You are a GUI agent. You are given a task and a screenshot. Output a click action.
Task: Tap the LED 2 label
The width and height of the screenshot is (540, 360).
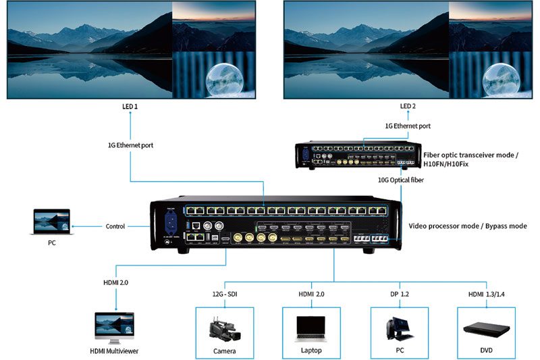pyautogui.click(x=408, y=107)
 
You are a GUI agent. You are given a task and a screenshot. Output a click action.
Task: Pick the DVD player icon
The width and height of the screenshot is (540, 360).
pyautogui.click(x=486, y=329)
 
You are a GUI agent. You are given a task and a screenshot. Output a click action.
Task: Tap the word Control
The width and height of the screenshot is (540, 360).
pyautogui.click(x=115, y=226)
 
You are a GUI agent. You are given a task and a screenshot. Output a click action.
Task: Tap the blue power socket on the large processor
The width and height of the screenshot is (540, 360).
pyautogui.click(x=169, y=224)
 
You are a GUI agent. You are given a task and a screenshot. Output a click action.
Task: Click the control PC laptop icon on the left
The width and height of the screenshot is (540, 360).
pyautogui.click(x=51, y=222)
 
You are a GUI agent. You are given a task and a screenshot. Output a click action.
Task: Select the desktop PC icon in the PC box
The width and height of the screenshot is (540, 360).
pyautogui.click(x=398, y=328)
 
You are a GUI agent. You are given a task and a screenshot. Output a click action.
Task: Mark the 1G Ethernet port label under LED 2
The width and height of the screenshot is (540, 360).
pyautogui.click(x=408, y=126)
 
